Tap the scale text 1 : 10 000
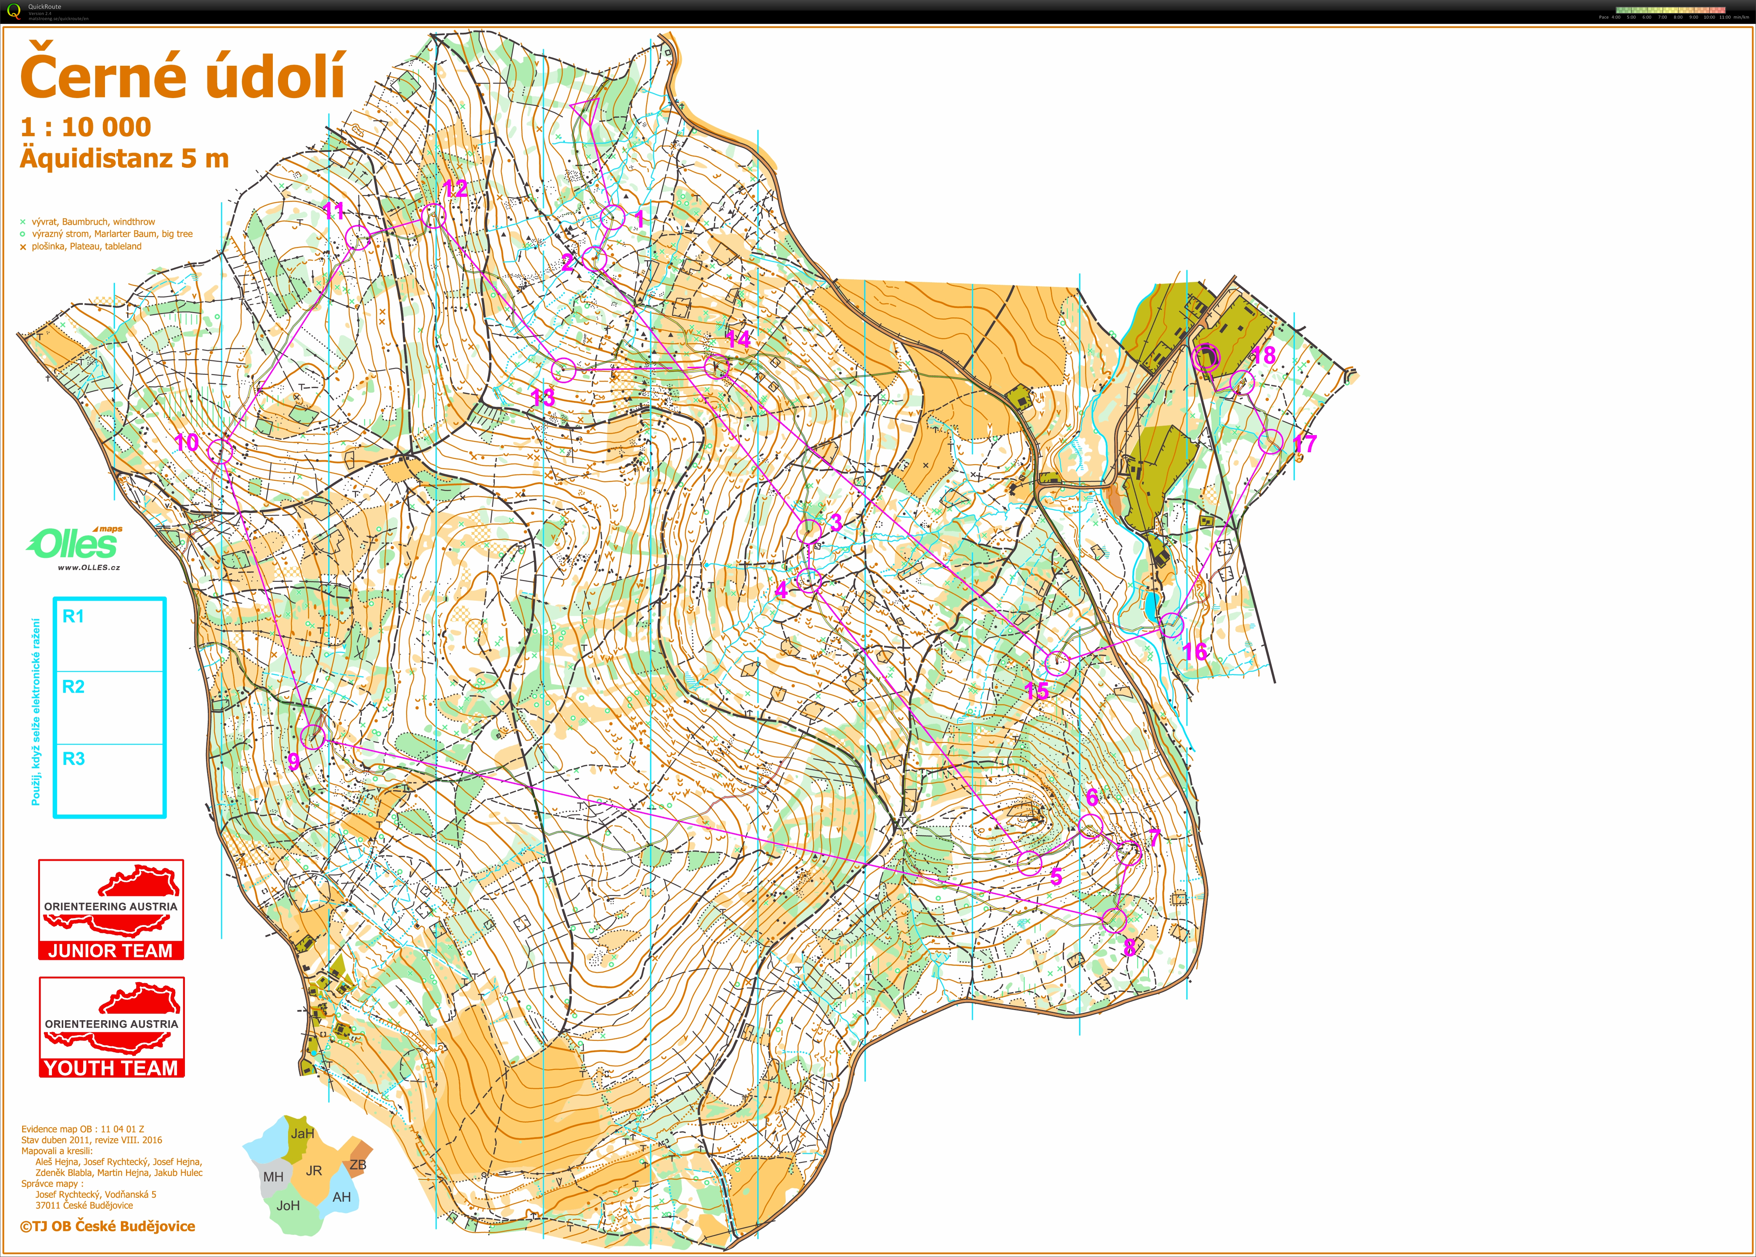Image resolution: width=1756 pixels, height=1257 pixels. [85, 127]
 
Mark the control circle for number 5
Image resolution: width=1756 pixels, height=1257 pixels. [1029, 862]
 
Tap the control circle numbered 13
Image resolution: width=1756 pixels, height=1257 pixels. [564, 370]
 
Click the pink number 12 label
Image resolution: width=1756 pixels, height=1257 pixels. [455, 188]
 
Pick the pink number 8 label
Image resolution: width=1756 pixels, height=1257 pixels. [1130, 946]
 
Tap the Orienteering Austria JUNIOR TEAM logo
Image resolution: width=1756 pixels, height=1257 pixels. [111, 909]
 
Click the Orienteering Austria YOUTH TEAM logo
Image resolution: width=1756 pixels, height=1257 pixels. [112, 1027]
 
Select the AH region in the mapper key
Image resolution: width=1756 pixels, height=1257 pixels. [341, 1197]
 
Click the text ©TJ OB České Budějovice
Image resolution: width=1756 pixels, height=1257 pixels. [108, 1226]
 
